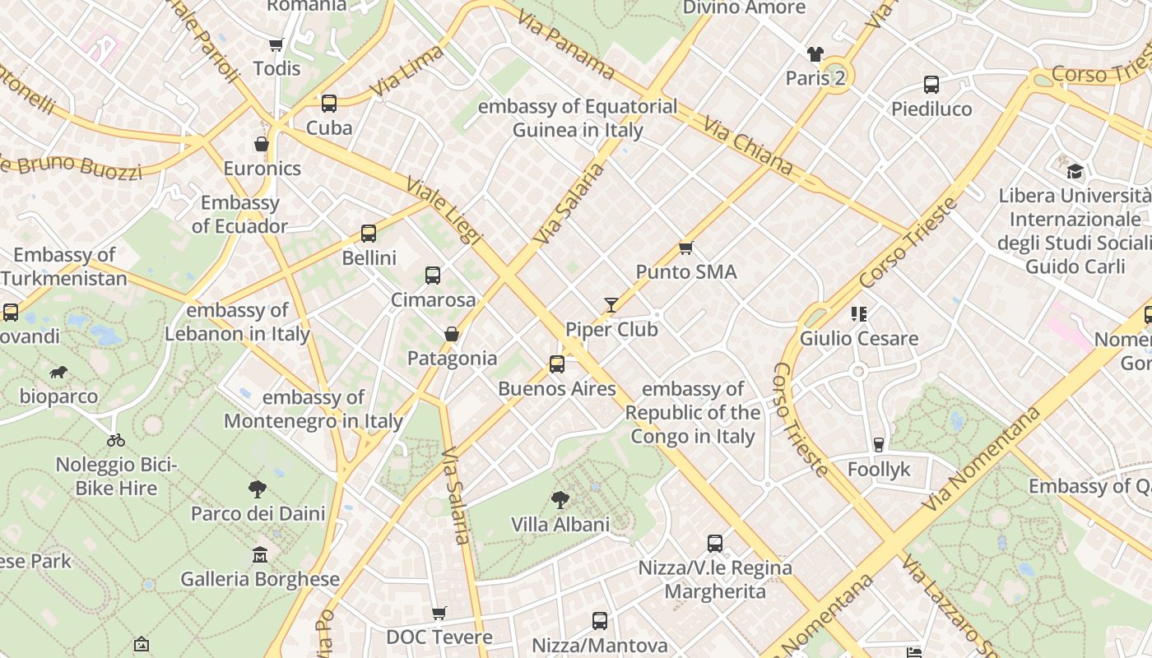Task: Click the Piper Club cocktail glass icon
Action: pos(611,305)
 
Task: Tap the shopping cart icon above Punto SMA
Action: pos(685,248)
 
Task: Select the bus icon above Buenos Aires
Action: pos(557,364)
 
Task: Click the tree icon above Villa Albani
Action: pos(560,499)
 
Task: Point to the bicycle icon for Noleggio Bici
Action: pos(116,440)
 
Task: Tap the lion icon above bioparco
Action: pos(58,373)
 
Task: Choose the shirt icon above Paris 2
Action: pos(815,54)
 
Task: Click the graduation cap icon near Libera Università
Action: pos(1075,171)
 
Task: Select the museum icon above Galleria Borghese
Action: pos(260,554)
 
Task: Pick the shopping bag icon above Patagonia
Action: pos(451,334)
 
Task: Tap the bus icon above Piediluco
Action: pos(931,84)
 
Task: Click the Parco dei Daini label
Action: pos(258,514)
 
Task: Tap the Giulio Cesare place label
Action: pos(859,338)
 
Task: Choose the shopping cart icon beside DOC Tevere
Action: pos(439,613)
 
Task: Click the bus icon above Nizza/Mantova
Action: pos(600,620)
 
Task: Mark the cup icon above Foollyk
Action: pos(879,445)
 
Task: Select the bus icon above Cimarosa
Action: pos(433,276)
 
